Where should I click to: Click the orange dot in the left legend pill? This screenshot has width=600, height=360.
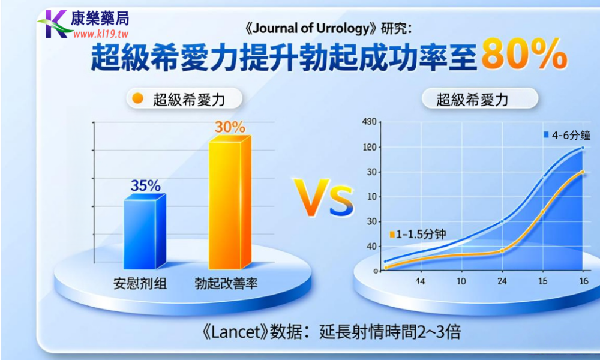[138, 99]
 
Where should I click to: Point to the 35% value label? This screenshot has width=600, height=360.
[145, 186]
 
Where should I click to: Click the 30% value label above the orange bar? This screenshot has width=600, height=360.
[230, 127]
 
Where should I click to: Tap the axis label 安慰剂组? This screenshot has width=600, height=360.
[140, 283]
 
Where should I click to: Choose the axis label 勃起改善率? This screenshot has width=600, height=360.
[226, 283]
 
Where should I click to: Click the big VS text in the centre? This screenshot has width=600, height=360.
[324, 200]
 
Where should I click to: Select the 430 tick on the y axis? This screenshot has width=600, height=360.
[369, 122]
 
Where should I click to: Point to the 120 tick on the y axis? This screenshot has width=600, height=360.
[369, 147]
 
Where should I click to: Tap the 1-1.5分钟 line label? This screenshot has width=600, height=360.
[420, 234]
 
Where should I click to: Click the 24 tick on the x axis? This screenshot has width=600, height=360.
[502, 281]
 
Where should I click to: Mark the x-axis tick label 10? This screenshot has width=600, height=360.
[461, 281]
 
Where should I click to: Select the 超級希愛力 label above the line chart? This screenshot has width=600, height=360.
[472, 100]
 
